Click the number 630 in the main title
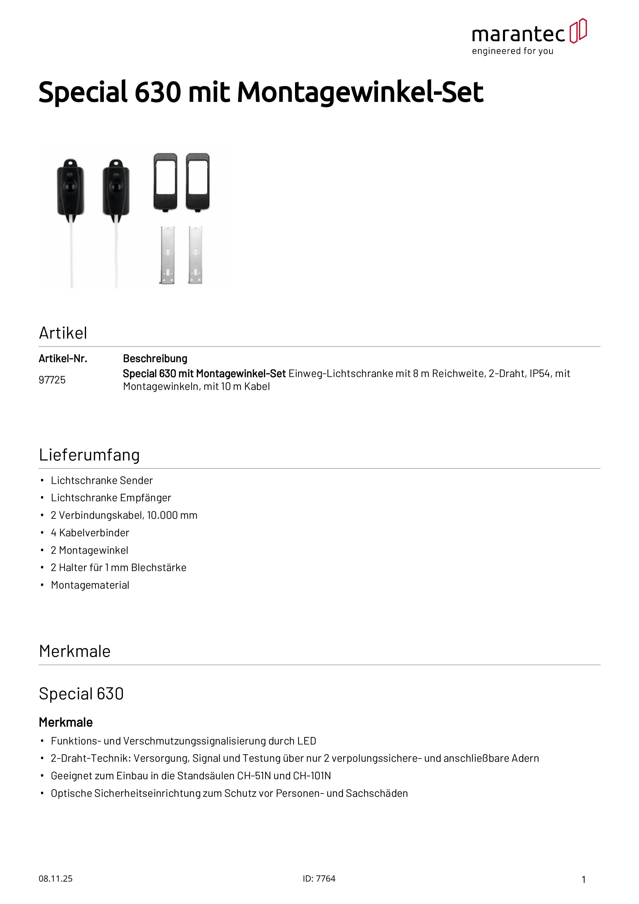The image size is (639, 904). coord(157,92)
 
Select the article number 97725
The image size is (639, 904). coord(52,380)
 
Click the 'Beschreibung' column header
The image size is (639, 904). coord(155,359)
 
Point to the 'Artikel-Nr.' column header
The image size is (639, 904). coord(63,359)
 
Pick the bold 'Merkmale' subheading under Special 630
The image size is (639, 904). coord(66,723)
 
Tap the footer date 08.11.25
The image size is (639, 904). coord(55,879)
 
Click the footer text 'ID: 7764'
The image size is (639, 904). coord(319,879)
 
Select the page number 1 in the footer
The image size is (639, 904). coord(584,880)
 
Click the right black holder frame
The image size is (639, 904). coord(198,182)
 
